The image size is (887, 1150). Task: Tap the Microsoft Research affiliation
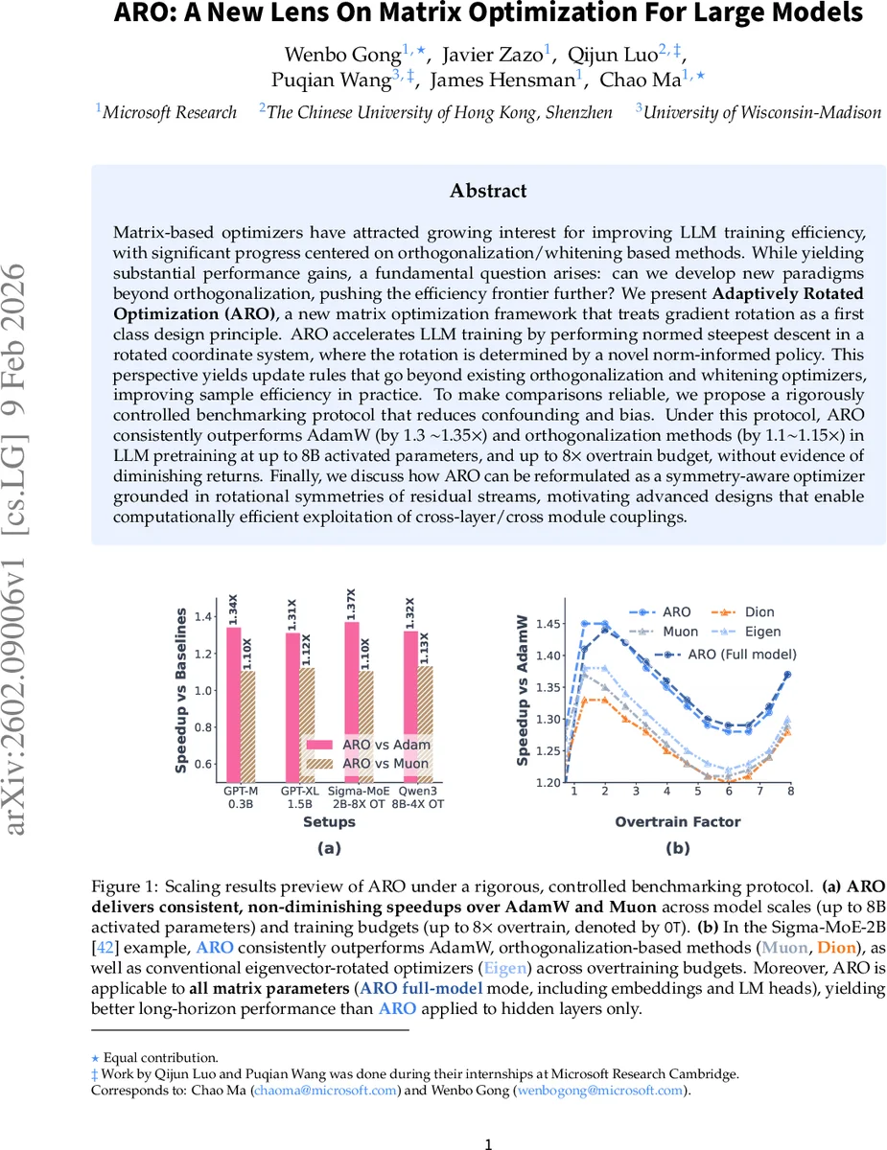coord(170,113)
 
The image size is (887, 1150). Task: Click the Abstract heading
coord(489,191)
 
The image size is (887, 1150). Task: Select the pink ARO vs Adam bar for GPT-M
coord(233,704)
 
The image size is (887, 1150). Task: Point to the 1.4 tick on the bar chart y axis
coord(202,616)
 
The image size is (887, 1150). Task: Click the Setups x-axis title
coord(329,821)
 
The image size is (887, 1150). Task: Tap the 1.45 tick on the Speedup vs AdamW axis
coord(548,625)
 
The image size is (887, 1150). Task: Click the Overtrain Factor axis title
coord(678,821)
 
